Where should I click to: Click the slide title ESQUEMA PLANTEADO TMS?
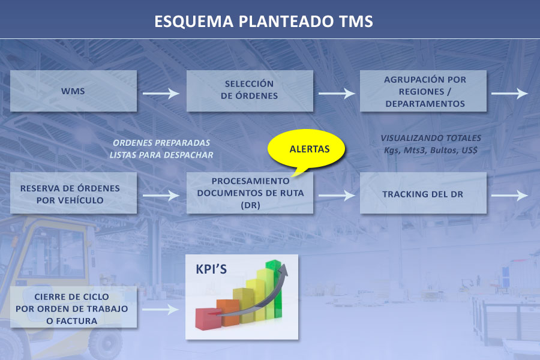[263, 21]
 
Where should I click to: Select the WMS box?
[73, 91]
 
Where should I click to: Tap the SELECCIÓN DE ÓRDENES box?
[250, 91]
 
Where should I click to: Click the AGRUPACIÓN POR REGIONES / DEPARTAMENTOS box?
[424, 91]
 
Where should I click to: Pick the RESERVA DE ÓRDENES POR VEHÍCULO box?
[73, 193]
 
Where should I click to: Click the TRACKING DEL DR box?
[423, 194]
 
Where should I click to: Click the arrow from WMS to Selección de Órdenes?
[161, 94]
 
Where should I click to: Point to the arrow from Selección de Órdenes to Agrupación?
[337, 94]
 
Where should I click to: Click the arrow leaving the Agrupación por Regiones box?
[509, 94]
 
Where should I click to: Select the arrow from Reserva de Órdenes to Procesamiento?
[161, 195]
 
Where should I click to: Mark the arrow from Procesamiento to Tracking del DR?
[337, 195]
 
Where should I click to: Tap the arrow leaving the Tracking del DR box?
[509, 195]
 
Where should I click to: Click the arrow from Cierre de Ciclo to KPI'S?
[161, 309]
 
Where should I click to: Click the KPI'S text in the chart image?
[211, 269]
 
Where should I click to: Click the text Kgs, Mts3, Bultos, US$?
[430, 150]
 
